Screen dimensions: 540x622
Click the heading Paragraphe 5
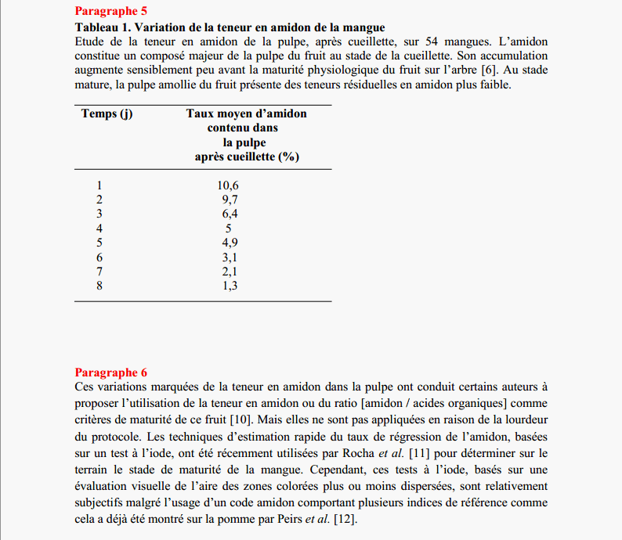point(110,12)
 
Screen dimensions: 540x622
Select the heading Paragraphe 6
point(110,373)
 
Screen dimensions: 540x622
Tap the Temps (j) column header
point(107,113)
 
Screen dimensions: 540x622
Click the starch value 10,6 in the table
point(228,185)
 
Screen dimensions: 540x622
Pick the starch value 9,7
point(230,200)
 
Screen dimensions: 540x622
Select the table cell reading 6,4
point(230,214)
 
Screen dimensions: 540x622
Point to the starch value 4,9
point(230,243)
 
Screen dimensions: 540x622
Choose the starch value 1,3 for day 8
point(230,286)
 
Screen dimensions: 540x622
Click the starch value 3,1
point(230,257)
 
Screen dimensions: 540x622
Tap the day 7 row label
point(99,271)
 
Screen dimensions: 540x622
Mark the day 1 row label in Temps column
point(99,185)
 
